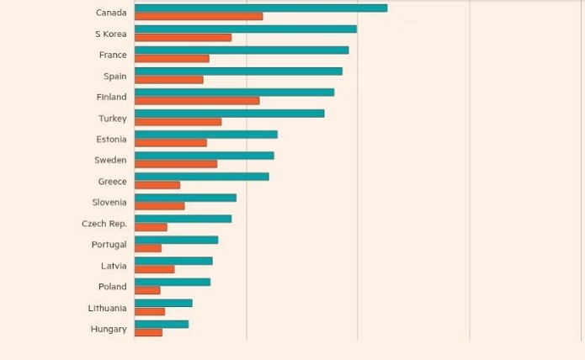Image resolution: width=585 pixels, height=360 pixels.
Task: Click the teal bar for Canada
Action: pyautogui.click(x=261, y=8)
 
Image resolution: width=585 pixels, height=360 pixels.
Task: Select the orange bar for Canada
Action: pyautogui.click(x=199, y=16)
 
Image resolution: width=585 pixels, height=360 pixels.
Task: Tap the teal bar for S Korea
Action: pyautogui.click(x=246, y=29)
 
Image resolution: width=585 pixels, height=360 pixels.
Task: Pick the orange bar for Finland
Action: pyautogui.click(x=197, y=101)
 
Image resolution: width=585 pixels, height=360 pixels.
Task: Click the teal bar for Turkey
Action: pyautogui.click(x=229, y=114)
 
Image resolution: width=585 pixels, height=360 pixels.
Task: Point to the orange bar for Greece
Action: pyautogui.click(x=157, y=185)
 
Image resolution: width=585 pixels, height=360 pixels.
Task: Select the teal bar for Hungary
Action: pyautogui.click(x=162, y=324)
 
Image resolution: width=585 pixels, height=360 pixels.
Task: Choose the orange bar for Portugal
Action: pyautogui.click(x=148, y=248)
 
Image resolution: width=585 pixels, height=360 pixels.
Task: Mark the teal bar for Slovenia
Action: pyautogui.click(x=185, y=198)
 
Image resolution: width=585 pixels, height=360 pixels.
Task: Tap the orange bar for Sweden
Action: pyautogui.click(x=176, y=164)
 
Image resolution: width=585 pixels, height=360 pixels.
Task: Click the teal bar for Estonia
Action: pyautogui.click(x=206, y=135)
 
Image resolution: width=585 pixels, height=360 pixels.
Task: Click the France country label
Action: pyautogui.click(x=113, y=55)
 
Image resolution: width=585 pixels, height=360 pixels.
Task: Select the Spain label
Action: pyautogui.click(x=115, y=77)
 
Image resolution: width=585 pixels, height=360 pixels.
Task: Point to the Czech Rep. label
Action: pyautogui.click(x=104, y=224)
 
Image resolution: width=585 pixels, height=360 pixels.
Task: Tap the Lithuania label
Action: pyautogui.click(x=108, y=308)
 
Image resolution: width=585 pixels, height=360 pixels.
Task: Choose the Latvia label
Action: pyautogui.click(x=114, y=266)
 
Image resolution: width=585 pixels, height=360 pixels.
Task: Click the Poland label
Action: pyautogui.click(x=113, y=287)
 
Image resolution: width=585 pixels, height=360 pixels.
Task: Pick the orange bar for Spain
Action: pyautogui.click(x=169, y=80)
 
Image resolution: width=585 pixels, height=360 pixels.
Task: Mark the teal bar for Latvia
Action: pyautogui.click(x=173, y=261)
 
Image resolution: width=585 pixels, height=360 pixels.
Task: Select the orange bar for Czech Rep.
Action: pyautogui.click(x=151, y=227)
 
